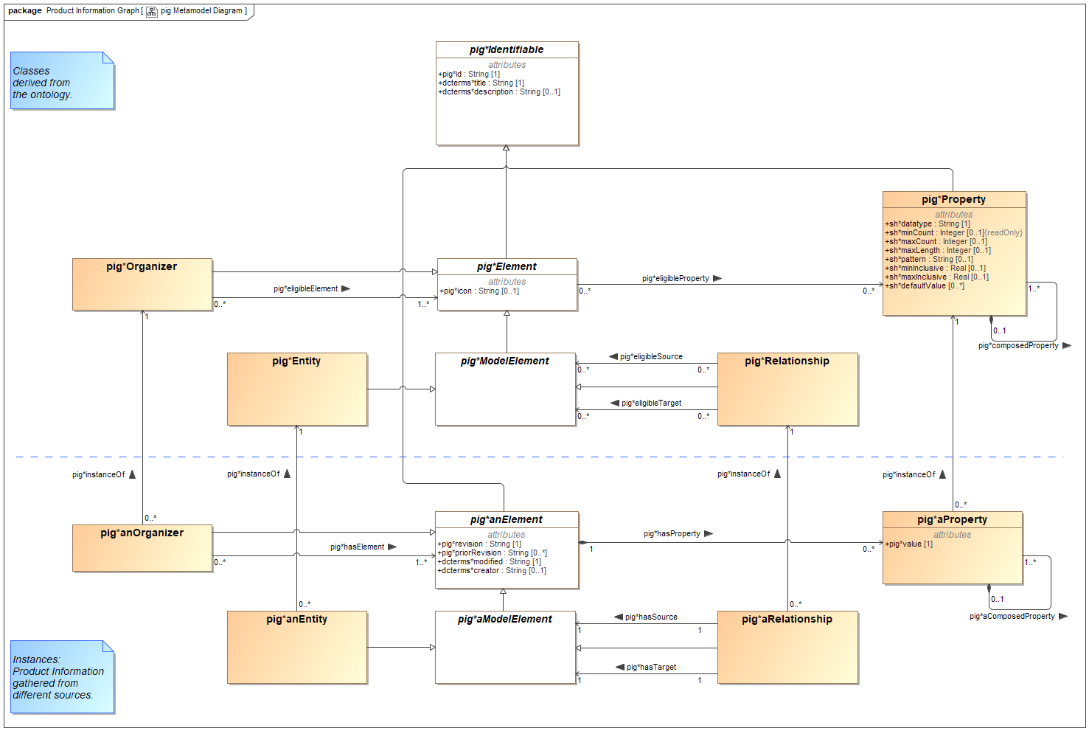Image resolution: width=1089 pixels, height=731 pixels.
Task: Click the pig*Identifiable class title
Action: click(507, 50)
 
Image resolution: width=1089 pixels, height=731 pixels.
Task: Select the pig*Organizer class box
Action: click(142, 284)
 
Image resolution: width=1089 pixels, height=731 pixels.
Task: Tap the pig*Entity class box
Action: click(297, 389)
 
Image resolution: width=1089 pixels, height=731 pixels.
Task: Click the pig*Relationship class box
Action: click(787, 389)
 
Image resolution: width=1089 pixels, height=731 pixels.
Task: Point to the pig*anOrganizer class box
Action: click(142, 548)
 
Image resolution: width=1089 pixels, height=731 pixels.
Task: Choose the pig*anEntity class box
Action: click(297, 647)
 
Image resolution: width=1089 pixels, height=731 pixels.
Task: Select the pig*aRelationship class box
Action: click(787, 647)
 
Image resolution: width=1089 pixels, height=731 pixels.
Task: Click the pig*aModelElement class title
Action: click(505, 620)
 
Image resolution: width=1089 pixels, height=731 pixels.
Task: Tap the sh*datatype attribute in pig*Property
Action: click(928, 224)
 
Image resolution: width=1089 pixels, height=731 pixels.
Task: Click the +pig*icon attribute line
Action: click(479, 291)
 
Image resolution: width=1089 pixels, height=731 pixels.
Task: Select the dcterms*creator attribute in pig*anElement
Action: click(492, 571)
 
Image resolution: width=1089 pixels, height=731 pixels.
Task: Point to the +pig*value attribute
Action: click(908, 544)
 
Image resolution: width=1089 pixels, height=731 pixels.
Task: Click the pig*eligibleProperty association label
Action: click(675, 279)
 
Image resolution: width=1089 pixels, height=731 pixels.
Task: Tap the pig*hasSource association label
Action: click(651, 617)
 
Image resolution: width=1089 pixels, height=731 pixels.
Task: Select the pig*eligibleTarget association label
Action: click(651, 403)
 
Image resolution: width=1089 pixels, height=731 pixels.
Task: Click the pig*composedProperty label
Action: click(1018, 346)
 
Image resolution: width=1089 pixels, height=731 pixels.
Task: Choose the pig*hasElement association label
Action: click(357, 547)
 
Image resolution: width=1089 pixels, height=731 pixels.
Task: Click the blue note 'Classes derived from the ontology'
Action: click(62, 81)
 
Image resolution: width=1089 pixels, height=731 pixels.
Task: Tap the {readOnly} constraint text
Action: click(1003, 233)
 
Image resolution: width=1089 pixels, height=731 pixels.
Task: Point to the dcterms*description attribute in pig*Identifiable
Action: click(499, 92)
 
